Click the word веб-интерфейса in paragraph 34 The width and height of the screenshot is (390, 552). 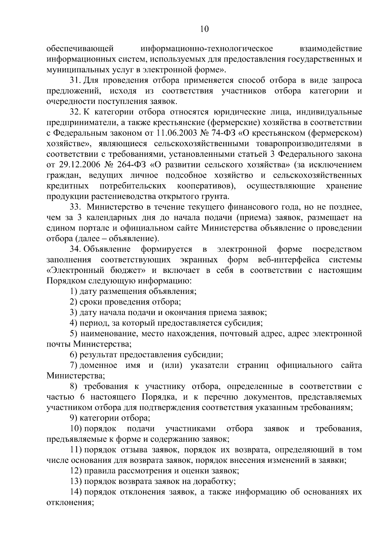coord(288,260)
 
